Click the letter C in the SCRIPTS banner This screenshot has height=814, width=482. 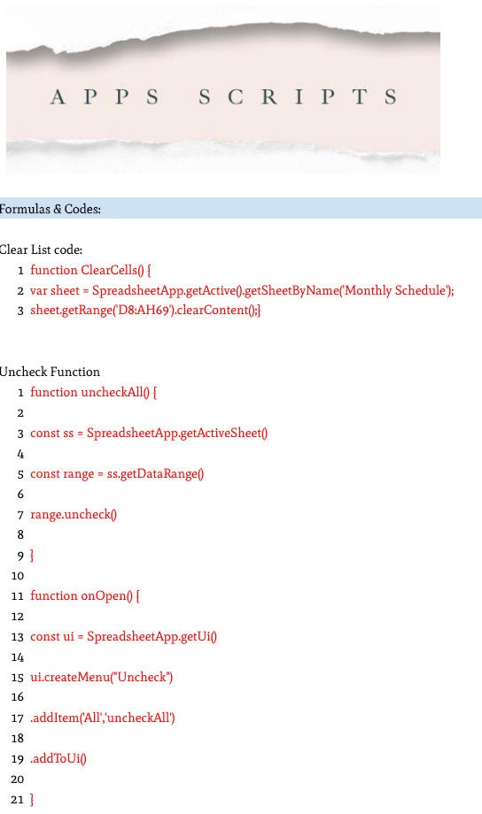(x=236, y=96)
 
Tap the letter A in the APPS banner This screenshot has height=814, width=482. (x=58, y=96)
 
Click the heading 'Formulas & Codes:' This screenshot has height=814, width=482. (x=50, y=209)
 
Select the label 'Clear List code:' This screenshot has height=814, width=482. (x=41, y=250)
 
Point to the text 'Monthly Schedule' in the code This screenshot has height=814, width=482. (x=395, y=290)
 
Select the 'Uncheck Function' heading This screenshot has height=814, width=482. (x=50, y=372)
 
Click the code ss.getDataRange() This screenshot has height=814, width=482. (x=155, y=474)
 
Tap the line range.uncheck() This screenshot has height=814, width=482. (x=74, y=514)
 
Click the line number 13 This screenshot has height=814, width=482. (x=18, y=637)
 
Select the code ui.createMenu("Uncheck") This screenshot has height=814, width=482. (x=101, y=677)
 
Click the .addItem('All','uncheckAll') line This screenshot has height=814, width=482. (x=103, y=718)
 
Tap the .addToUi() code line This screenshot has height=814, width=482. (x=58, y=758)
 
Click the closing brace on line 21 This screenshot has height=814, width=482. (x=32, y=800)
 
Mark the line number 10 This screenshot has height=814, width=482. (x=18, y=576)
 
